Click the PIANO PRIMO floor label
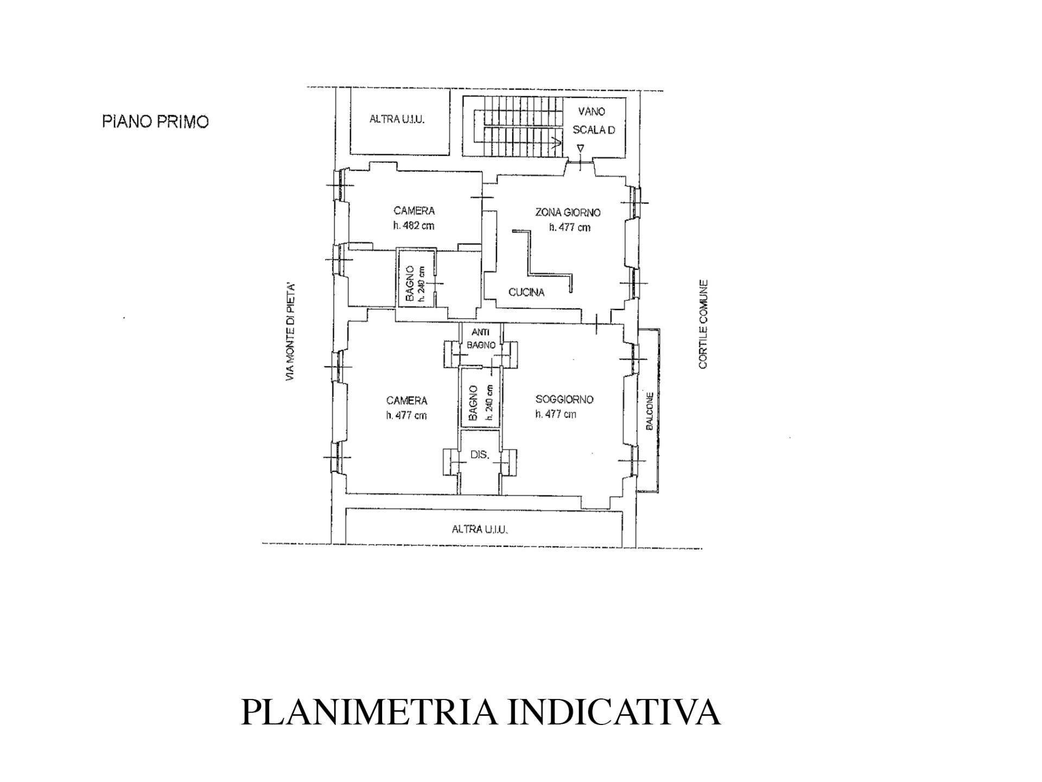[155, 122]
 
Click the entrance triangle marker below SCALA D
[581, 148]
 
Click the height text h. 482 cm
[414, 226]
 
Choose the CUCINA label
[526, 292]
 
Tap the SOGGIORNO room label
[564, 399]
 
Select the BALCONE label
[649, 412]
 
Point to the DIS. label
[480, 455]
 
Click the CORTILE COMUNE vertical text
[703, 324]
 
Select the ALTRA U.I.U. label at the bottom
[480, 528]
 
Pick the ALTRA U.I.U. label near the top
[397, 119]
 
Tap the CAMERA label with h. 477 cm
[406, 401]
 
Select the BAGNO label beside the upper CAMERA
[410, 284]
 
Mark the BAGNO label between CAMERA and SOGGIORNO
[473, 403]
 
